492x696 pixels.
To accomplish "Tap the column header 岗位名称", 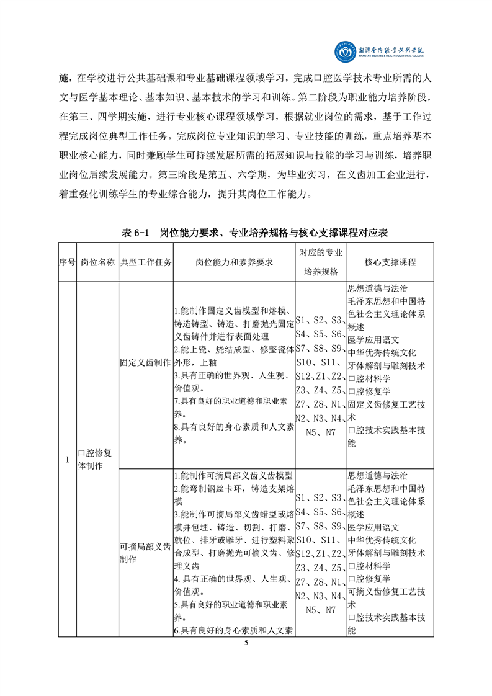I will (97, 262).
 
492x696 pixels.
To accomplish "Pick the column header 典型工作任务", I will (146, 262).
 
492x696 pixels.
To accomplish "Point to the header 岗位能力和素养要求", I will (235, 262).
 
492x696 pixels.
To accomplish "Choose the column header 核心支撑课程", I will (390, 262).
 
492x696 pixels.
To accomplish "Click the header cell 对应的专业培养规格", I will (321, 262).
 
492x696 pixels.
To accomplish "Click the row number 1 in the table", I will (67, 460).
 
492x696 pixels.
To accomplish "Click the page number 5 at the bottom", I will (246, 642).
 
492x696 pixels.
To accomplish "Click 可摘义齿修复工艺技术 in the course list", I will (387, 598).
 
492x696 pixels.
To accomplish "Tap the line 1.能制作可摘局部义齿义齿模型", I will (232, 476).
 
